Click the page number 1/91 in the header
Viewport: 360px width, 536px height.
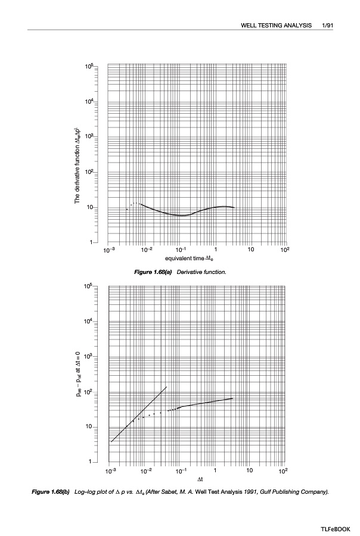(x=326, y=26)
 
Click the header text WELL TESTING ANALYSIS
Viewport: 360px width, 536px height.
(x=276, y=26)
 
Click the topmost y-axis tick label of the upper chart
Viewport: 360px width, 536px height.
(x=88, y=67)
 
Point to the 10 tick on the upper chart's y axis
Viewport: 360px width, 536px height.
(x=89, y=208)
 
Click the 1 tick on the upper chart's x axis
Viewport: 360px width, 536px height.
(x=215, y=251)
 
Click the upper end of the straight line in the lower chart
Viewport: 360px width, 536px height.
(x=166, y=387)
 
